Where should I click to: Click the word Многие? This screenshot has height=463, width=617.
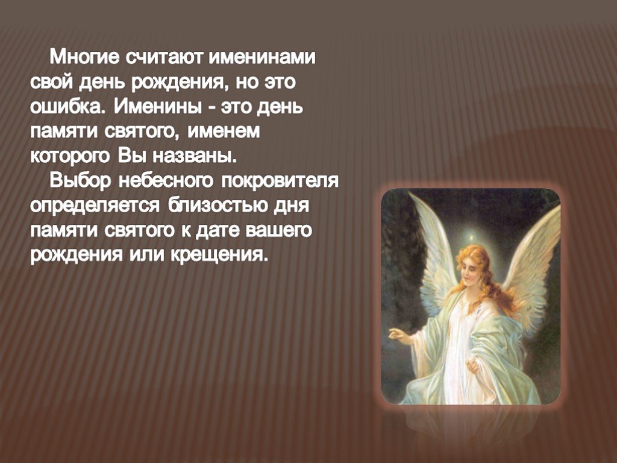click(x=84, y=57)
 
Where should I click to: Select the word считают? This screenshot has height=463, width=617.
click(x=164, y=57)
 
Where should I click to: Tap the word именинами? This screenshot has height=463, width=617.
click(x=262, y=57)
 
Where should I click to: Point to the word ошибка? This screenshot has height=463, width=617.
click(x=69, y=107)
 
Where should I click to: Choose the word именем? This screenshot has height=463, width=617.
click(x=224, y=131)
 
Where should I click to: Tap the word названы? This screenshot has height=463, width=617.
click(x=195, y=156)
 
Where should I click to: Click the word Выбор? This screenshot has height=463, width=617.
click(x=81, y=181)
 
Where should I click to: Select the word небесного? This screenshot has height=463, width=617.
click(x=166, y=181)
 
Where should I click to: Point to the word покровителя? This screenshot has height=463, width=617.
click(x=280, y=181)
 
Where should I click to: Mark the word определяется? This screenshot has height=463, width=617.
click(x=95, y=206)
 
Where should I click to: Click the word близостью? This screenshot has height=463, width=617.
click(x=217, y=206)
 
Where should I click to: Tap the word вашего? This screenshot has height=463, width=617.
click(x=278, y=230)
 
